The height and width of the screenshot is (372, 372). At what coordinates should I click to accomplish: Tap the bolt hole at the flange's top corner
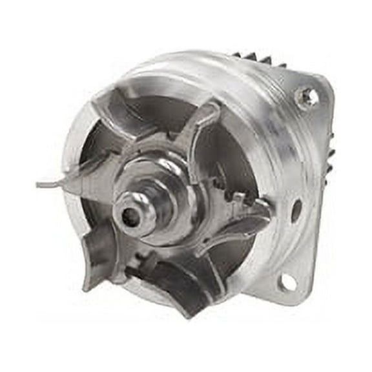(308, 98)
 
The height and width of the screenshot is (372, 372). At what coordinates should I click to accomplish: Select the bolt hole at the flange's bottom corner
(287, 282)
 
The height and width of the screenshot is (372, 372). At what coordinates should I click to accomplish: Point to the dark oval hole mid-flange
(296, 211)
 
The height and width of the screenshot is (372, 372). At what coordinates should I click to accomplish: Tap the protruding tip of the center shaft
(132, 216)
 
